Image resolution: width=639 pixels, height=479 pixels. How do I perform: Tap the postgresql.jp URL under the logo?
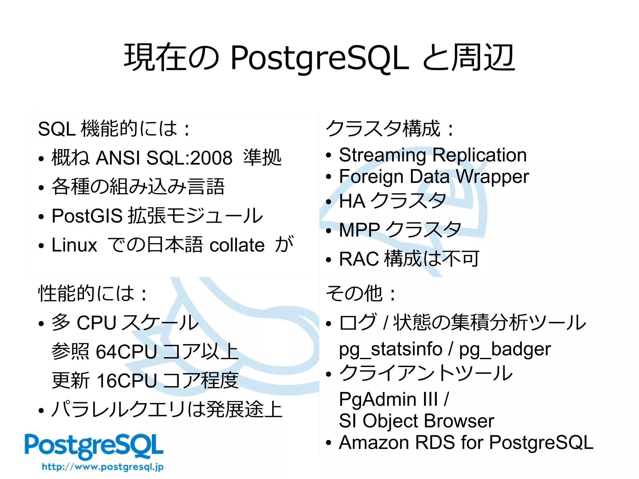(x=103, y=467)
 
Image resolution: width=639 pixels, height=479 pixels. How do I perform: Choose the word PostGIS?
(x=87, y=216)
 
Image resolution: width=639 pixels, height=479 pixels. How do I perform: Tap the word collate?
(x=237, y=245)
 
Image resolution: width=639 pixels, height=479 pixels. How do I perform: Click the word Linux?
(x=74, y=245)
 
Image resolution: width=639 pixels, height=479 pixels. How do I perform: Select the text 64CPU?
(x=126, y=352)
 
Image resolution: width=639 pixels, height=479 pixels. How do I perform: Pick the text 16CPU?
(x=127, y=381)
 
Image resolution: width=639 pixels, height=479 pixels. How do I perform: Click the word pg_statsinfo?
(x=390, y=349)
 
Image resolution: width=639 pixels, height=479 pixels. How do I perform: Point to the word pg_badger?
(x=505, y=349)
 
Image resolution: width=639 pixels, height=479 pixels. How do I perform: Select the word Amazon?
(x=374, y=442)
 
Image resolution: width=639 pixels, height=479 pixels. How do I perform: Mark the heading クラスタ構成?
(x=383, y=128)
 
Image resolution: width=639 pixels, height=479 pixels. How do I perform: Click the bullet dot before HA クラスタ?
(x=328, y=202)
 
